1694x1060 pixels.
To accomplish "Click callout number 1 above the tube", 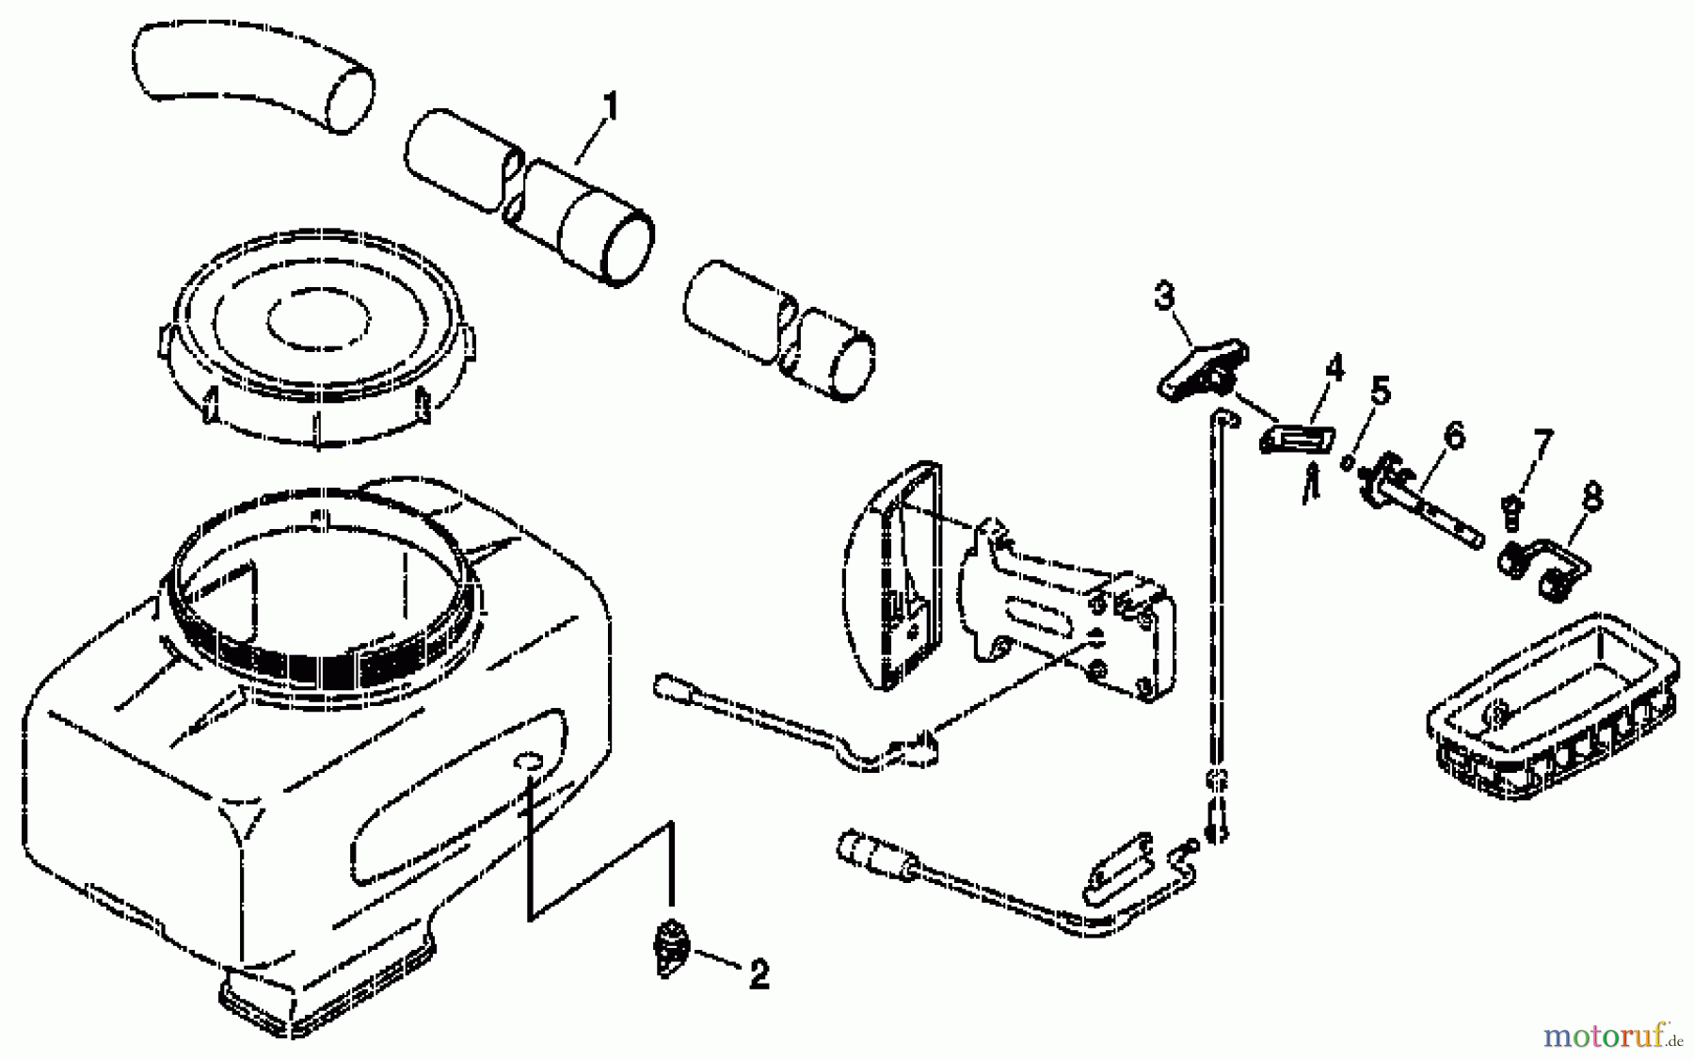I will pos(610,106).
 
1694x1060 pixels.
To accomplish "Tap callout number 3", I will pos(1164,297).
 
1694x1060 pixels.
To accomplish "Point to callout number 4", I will pos(1334,368).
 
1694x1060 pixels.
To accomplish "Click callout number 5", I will pos(1380,390).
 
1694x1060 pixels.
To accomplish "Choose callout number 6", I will pos(1453,435).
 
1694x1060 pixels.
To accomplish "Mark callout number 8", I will pos(1591,495).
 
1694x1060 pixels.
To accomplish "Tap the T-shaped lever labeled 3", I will pos(1202,370).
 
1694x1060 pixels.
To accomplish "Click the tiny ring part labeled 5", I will pos(1347,462).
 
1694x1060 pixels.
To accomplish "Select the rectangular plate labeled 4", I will pos(1297,439).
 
